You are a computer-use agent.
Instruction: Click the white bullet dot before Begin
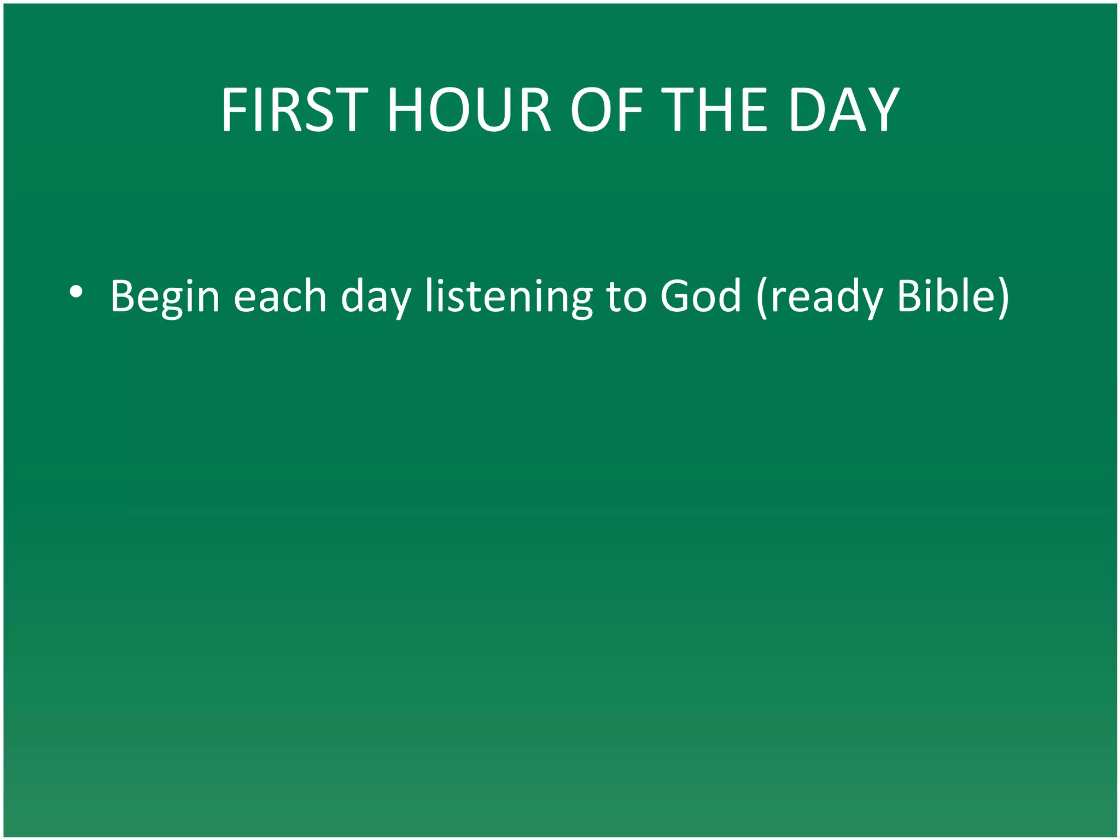coord(76,293)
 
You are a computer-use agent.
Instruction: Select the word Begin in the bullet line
coord(165,296)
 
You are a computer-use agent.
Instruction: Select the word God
coord(700,296)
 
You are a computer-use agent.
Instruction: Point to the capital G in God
coord(676,296)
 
